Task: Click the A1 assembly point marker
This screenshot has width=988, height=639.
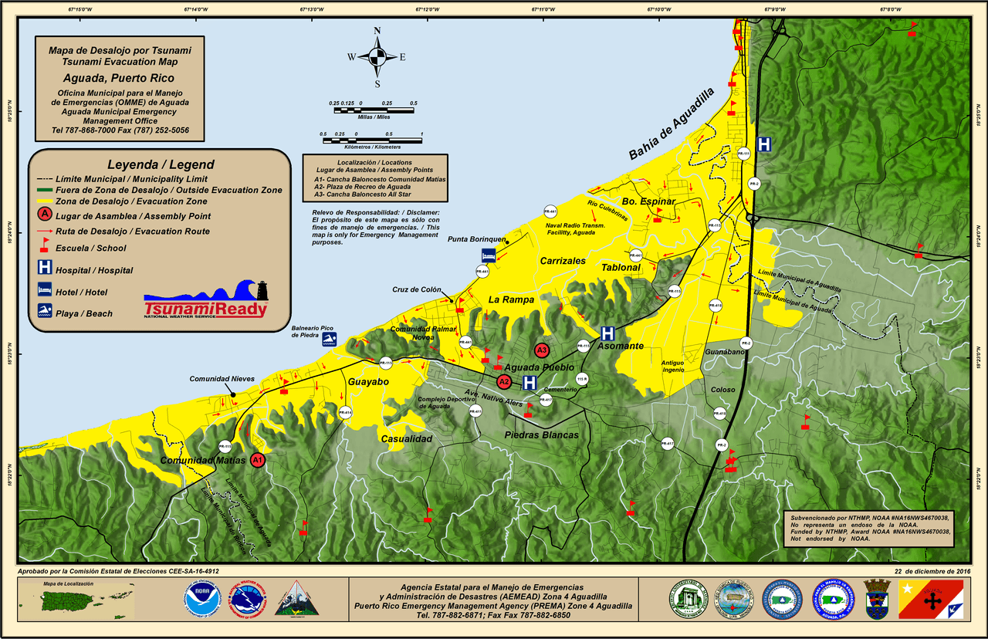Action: tap(258, 460)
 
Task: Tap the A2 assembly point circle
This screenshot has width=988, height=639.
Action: tap(504, 381)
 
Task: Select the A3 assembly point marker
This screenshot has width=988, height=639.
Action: tap(541, 350)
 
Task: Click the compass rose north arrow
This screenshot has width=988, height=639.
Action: tap(377, 56)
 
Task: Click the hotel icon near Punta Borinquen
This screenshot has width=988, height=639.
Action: tap(488, 255)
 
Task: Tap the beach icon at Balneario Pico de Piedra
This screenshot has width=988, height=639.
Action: tap(330, 339)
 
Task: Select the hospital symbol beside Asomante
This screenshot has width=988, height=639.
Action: tap(607, 333)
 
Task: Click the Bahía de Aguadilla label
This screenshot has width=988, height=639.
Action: tap(672, 123)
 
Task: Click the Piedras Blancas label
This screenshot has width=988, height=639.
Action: tap(541, 435)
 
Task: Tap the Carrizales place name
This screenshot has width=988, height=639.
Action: tap(563, 261)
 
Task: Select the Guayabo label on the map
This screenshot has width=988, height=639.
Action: tap(368, 382)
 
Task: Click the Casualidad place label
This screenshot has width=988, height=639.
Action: tap(406, 438)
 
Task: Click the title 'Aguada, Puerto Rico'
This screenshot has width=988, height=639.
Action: tap(119, 78)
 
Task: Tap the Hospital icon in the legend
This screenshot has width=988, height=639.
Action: tap(45, 269)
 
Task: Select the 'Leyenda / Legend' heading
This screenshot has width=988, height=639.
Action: tap(161, 164)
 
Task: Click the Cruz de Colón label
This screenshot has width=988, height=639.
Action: tap(416, 290)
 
